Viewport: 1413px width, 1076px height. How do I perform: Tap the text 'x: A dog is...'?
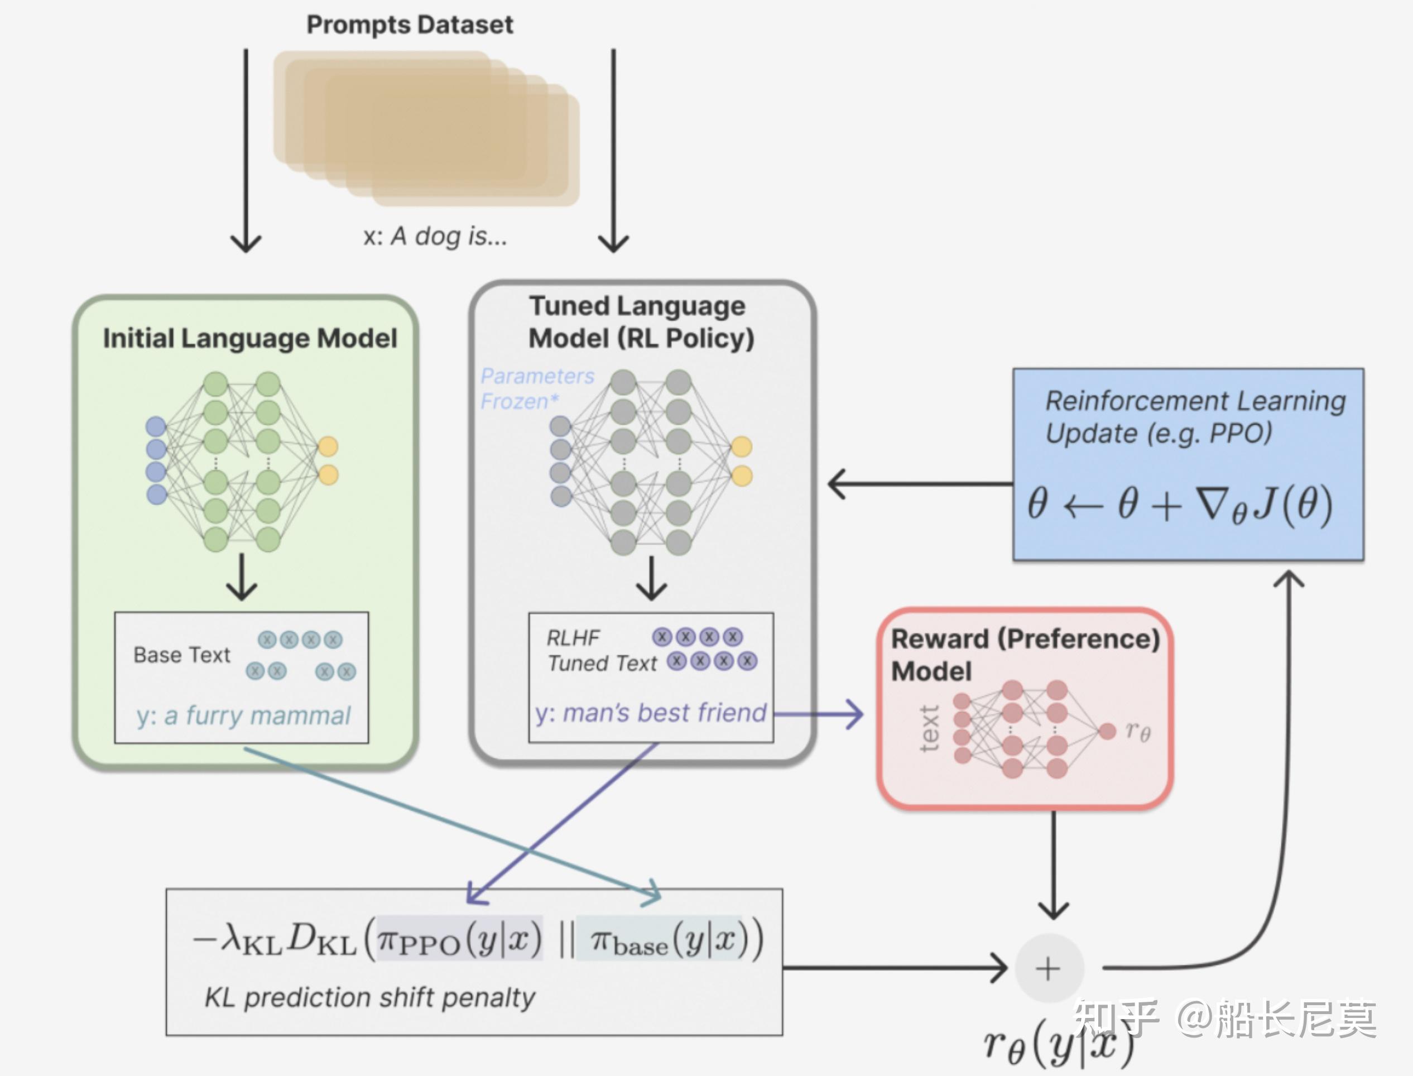pyautogui.click(x=435, y=236)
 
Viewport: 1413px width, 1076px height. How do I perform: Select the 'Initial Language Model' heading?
pyautogui.click(x=250, y=338)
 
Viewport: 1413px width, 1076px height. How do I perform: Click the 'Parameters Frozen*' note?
pyautogui.click(x=537, y=388)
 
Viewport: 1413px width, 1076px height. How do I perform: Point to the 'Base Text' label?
pyautogui.click(x=181, y=655)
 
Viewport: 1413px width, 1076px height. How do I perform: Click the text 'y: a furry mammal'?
pyautogui.click(x=243, y=715)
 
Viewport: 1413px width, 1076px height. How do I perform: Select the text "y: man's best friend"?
pyautogui.click(x=651, y=712)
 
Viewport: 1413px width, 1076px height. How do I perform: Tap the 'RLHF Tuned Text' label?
pyautogui.click(x=601, y=651)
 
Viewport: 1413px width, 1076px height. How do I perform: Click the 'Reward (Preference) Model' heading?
pyautogui.click(x=1025, y=655)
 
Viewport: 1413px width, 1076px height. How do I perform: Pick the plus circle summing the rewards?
pyautogui.click(x=1049, y=968)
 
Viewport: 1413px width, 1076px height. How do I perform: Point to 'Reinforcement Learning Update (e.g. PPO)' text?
pyautogui.click(x=1195, y=417)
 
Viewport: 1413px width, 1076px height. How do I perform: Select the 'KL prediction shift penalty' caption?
pyautogui.click(x=369, y=997)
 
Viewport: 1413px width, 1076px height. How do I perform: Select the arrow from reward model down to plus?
pyautogui.click(x=1053, y=864)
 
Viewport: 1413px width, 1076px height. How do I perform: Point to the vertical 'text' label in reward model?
pyautogui.click(x=929, y=728)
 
